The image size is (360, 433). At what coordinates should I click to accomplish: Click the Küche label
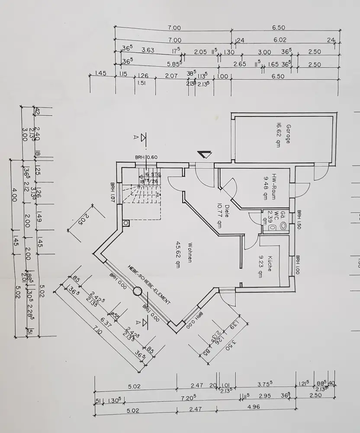[x=269, y=262]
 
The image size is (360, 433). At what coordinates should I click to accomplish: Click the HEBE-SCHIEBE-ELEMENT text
[x=149, y=284]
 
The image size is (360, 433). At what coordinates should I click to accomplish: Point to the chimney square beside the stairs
[x=126, y=223]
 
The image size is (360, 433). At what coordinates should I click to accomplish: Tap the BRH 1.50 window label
[x=299, y=219]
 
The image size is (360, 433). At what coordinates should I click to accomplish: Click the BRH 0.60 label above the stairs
[x=146, y=157]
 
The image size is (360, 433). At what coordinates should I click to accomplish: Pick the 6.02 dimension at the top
[x=280, y=40]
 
